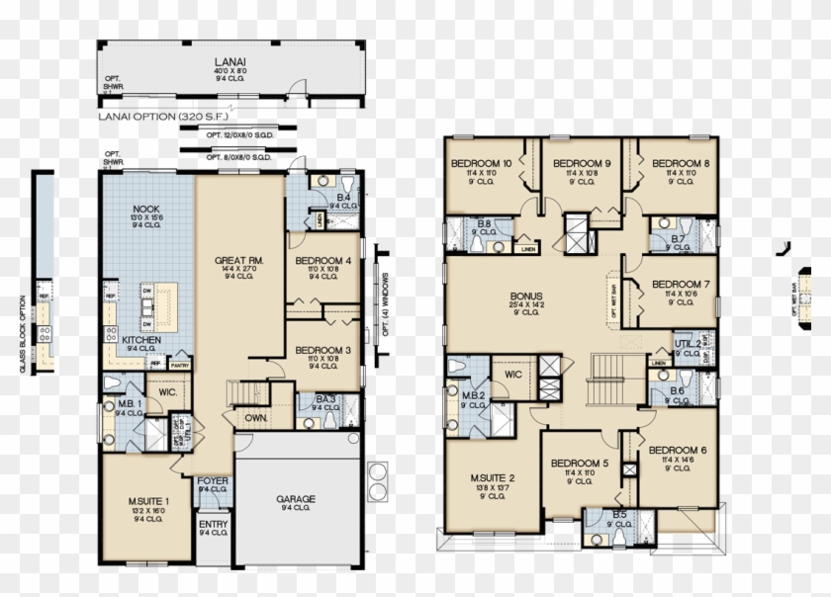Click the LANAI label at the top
tap(234, 61)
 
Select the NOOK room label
tap(145, 210)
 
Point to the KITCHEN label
tap(142, 339)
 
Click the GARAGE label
tap(297, 500)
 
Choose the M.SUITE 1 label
tap(147, 501)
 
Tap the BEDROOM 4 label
tap(323, 262)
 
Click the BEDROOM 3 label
tap(323, 350)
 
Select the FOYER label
tap(213, 481)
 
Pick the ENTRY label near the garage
tap(213, 524)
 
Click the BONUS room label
tap(525, 296)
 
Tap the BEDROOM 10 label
tap(481, 164)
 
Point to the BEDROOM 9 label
tap(582, 164)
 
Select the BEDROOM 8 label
tap(680, 164)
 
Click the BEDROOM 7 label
tap(680, 284)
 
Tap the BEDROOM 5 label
tap(580, 464)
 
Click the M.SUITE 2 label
tap(492, 478)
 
